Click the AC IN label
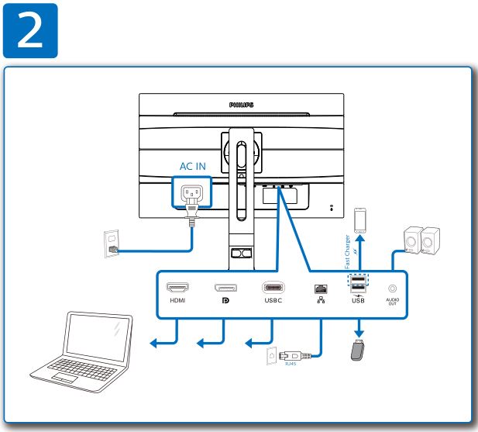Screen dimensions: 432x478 point(194,166)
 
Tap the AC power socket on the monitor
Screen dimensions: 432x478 point(191,194)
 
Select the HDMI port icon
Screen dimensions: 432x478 point(177,287)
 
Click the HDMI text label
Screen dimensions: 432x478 point(177,300)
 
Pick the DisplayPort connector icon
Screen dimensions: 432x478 point(226,288)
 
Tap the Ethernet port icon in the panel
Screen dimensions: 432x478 point(320,289)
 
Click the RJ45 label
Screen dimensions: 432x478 point(290,363)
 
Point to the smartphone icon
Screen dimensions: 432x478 point(359,220)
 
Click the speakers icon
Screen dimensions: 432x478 point(421,241)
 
